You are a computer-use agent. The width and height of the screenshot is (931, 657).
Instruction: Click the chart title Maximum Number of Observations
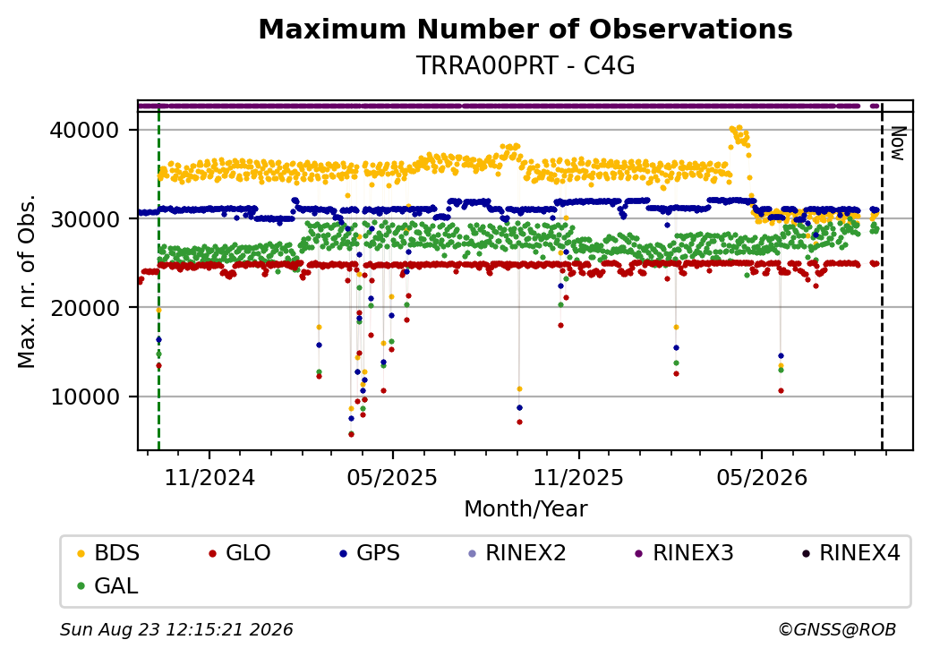coord(525,29)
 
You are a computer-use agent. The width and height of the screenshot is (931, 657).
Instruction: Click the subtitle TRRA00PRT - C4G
coord(525,65)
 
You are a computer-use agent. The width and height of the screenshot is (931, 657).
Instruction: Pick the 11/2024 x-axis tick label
coord(209,478)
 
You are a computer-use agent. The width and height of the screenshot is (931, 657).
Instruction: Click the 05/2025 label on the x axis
coord(392,478)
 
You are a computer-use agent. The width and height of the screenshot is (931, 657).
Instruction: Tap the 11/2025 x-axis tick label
coord(578,478)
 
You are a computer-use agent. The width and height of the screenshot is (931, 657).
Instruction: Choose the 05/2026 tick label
coord(762,478)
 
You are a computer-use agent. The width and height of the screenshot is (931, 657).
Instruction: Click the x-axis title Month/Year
coord(525,509)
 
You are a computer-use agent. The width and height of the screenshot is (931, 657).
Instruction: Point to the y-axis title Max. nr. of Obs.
coord(27,281)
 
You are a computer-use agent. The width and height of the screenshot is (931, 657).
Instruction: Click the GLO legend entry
coord(240,553)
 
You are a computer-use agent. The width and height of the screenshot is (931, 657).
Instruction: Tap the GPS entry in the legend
coord(370,553)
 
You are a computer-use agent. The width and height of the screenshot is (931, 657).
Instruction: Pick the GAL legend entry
coord(108,585)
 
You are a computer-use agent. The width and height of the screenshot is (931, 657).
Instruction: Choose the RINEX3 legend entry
coord(684,553)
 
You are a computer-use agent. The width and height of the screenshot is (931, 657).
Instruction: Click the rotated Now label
coord(897,143)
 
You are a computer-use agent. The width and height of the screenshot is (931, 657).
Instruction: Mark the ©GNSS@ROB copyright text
coord(837,629)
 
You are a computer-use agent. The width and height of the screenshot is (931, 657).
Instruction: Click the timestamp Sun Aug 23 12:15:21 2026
coord(176,629)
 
